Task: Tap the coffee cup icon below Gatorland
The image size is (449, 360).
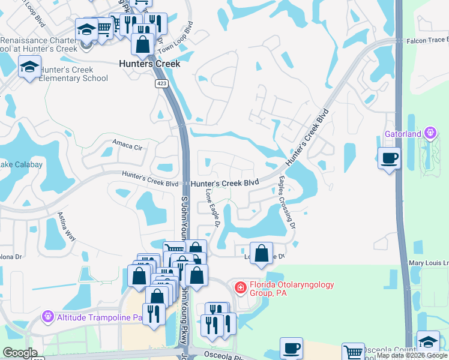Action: point(390,159)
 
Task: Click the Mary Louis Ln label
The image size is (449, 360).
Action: point(429,263)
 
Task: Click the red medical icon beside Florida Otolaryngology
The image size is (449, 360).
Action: point(240,289)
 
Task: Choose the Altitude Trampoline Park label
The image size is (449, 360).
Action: point(99,316)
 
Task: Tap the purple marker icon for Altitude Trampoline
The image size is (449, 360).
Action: point(47,316)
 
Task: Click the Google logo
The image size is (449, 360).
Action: point(20,353)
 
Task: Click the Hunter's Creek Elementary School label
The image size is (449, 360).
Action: point(73,74)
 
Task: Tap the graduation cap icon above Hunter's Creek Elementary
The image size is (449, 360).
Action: point(29,67)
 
